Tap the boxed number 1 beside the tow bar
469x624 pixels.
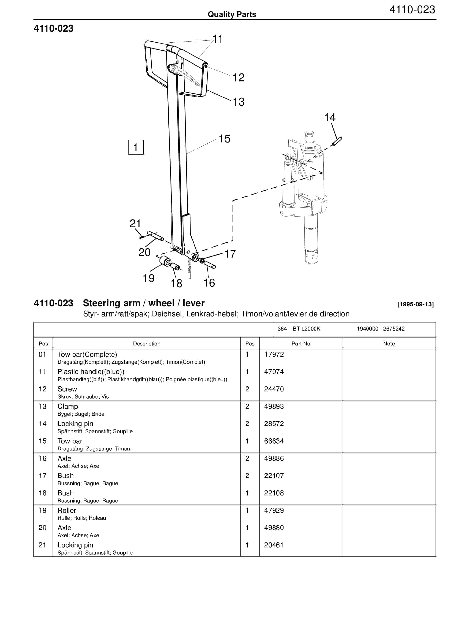(136, 147)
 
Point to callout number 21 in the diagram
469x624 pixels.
(135, 224)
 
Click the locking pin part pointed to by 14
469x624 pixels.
(337, 142)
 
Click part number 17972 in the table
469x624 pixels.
(274, 354)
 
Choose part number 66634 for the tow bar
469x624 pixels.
(274, 441)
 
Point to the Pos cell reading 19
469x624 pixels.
(42, 510)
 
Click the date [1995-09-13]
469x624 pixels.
(415, 304)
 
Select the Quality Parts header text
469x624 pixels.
(232, 14)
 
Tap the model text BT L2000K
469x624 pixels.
(306, 329)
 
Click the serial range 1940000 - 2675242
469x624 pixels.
(381, 329)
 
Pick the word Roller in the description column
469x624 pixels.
(67, 510)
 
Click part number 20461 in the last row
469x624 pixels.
(274, 545)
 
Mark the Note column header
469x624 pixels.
(389, 344)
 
